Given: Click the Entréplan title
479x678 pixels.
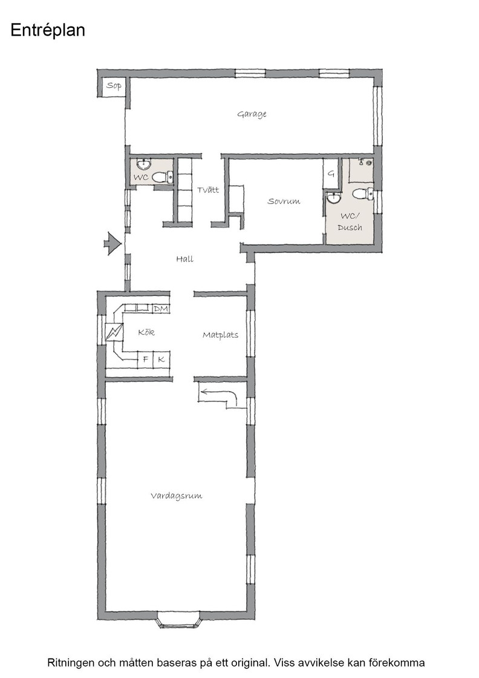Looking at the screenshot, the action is pos(48,31).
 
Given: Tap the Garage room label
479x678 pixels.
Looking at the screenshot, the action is pos(252,114).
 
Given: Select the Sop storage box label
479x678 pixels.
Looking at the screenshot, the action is pos(114,85).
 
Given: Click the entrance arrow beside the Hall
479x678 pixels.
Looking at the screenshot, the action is pos(112,244).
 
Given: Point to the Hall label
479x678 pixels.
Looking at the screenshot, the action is pos(184,259).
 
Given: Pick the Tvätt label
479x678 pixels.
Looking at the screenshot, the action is pos(208,190).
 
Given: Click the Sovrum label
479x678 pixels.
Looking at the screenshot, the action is pos(284,201).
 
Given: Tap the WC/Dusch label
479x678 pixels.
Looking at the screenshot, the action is pos(350,222).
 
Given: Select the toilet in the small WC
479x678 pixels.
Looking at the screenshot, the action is pos(163,177).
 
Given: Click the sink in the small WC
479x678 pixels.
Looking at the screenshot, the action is pos(143,164).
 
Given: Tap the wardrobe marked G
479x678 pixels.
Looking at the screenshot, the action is pos(331,174).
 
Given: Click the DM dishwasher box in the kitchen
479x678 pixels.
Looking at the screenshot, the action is pos(161,309).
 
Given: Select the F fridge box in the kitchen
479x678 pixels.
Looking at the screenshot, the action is pos(146,360).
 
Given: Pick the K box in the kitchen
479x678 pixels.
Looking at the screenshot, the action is pos(161,360).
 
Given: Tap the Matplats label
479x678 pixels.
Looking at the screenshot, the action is pos(220,335).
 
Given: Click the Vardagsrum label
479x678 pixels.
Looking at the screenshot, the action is pos(176,496).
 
